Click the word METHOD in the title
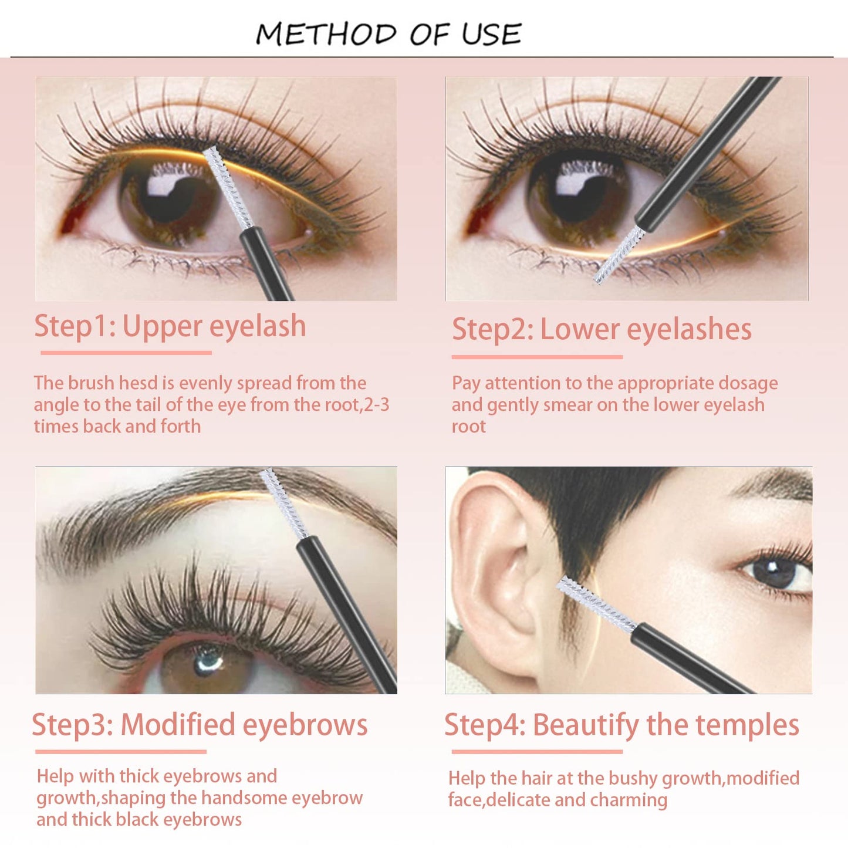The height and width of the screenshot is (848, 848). [x=326, y=34]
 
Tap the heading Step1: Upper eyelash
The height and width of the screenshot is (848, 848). [x=170, y=326]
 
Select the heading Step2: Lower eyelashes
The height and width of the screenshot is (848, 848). [x=602, y=329]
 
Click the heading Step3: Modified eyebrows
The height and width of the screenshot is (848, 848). [x=200, y=725]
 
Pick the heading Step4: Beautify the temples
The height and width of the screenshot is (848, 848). [x=621, y=725]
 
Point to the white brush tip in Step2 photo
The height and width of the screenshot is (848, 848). [x=619, y=255]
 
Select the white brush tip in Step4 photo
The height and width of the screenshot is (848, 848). [x=596, y=604]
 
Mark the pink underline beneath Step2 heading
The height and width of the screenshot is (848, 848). [x=537, y=357]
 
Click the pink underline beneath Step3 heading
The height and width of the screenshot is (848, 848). [x=121, y=752]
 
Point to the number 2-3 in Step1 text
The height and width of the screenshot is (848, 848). [x=377, y=405]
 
